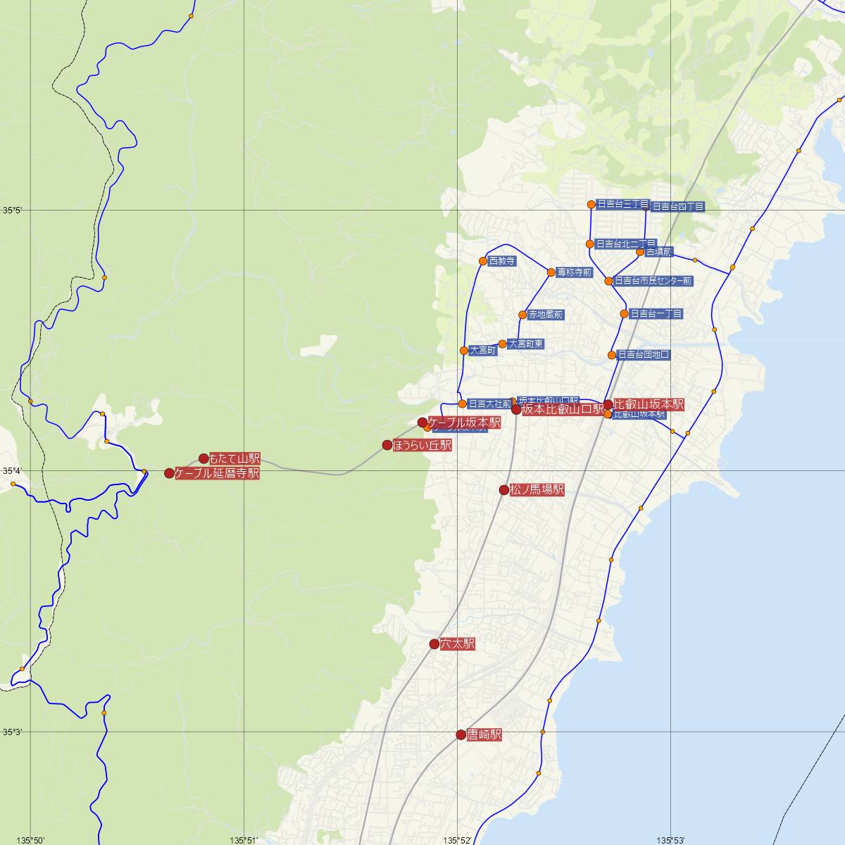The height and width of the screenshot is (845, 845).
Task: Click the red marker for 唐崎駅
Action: [x=461, y=734]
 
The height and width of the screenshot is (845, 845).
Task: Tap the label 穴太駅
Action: [x=457, y=644]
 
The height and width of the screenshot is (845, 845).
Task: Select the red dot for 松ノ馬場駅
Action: [x=504, y=490]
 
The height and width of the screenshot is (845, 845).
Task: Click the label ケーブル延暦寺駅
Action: [x=217, y=473]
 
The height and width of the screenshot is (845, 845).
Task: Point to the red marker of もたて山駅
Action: [x=204, y=458]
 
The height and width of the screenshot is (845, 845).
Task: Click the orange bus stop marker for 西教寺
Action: [x=483, y=261]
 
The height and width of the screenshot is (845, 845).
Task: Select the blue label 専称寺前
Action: [x=574, y=273]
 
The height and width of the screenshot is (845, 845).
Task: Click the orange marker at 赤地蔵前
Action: [x=522, y=315]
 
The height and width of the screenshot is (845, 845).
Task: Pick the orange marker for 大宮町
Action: [x=464, y=351]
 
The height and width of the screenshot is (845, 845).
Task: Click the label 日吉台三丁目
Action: [x=622, y=204]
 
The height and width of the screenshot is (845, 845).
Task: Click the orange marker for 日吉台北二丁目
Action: [x=590, y=244]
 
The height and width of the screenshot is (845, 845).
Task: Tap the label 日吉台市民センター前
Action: [x=653, y=281]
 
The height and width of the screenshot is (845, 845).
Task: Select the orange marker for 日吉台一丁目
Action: [x=624, y=314]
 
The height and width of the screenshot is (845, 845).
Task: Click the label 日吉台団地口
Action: [x=643, y=355]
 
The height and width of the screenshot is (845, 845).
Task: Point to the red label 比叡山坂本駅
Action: [x=649, y=404]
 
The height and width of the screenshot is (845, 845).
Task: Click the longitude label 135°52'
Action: [x=458, y=839]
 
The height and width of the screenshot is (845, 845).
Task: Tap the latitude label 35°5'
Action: [x=12, y=210]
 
